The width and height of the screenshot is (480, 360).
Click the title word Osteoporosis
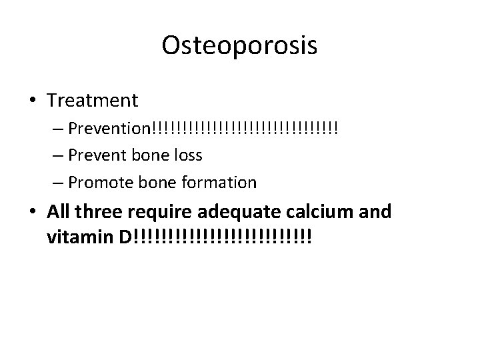[239, 46]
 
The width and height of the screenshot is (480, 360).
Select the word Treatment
[93, 101]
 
